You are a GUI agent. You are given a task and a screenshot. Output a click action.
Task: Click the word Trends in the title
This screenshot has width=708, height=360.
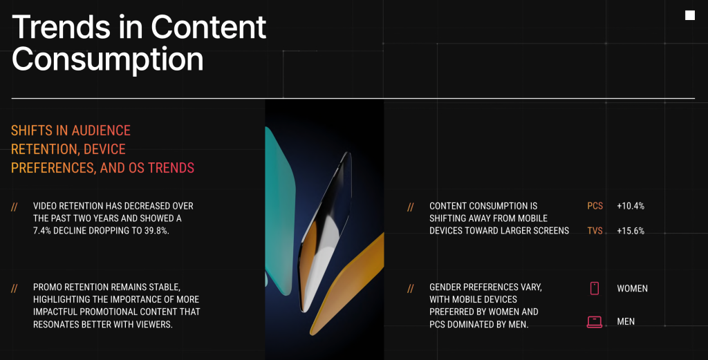tap(61, 27)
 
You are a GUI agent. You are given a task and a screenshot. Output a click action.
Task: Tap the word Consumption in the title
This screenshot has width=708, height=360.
tap(107, 60)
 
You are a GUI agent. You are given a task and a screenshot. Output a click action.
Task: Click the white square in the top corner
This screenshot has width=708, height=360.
tap(689, 15)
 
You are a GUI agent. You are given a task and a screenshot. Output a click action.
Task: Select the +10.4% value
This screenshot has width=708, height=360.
tap(631, 206)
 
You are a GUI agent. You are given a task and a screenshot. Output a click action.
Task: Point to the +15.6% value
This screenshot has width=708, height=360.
tap(631, 231)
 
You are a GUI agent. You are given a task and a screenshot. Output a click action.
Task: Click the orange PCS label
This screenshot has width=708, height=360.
tap(595, 206)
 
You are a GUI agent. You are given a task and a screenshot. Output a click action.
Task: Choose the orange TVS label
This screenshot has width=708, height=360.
tap(595, 231)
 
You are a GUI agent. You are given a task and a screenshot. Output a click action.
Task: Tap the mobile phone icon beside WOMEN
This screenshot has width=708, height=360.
tap(594, 288)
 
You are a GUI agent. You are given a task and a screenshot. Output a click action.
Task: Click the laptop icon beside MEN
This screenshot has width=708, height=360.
tap(594, 322)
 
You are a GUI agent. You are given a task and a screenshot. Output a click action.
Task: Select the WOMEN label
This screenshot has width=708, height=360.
tap(632, 289)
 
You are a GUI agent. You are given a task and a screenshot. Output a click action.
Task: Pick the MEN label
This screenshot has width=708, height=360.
tap(626, 322)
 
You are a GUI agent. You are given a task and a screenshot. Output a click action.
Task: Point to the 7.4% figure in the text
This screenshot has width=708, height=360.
tap(42, 231)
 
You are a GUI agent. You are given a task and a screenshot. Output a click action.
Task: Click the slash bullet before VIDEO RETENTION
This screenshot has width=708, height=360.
tap(15, 207)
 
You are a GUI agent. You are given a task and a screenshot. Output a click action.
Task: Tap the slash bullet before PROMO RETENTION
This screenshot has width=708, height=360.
tap(15, 288)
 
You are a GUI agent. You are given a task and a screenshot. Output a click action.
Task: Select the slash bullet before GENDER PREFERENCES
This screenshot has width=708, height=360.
tap(411, 288)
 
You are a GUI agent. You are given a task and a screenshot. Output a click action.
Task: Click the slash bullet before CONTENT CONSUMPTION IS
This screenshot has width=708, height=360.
tap(411, 207)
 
